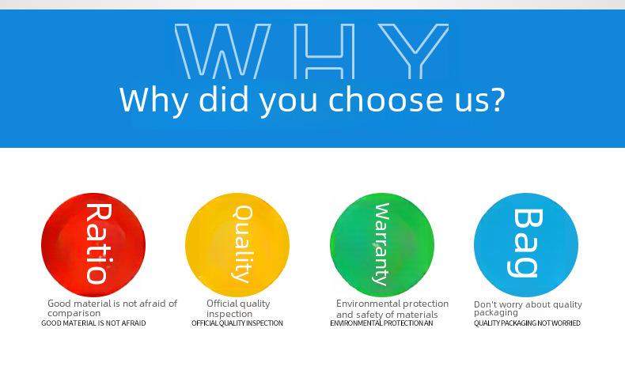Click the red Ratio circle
[93, 245]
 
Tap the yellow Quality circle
[237, 245]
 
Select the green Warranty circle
[382, 245]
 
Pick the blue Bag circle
[526, 245]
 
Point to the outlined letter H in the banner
[324, 51]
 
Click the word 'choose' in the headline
[385, 99]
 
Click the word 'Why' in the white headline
[153, 101]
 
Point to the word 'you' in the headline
[289, 103]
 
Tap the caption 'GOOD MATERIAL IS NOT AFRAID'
[93, 323]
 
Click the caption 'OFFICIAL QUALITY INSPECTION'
[237, 323]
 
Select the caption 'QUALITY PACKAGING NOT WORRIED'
[527, 323]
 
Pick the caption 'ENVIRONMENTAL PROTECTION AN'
[381, 323]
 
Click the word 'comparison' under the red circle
[74, 313]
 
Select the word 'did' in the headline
[224, 99]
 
